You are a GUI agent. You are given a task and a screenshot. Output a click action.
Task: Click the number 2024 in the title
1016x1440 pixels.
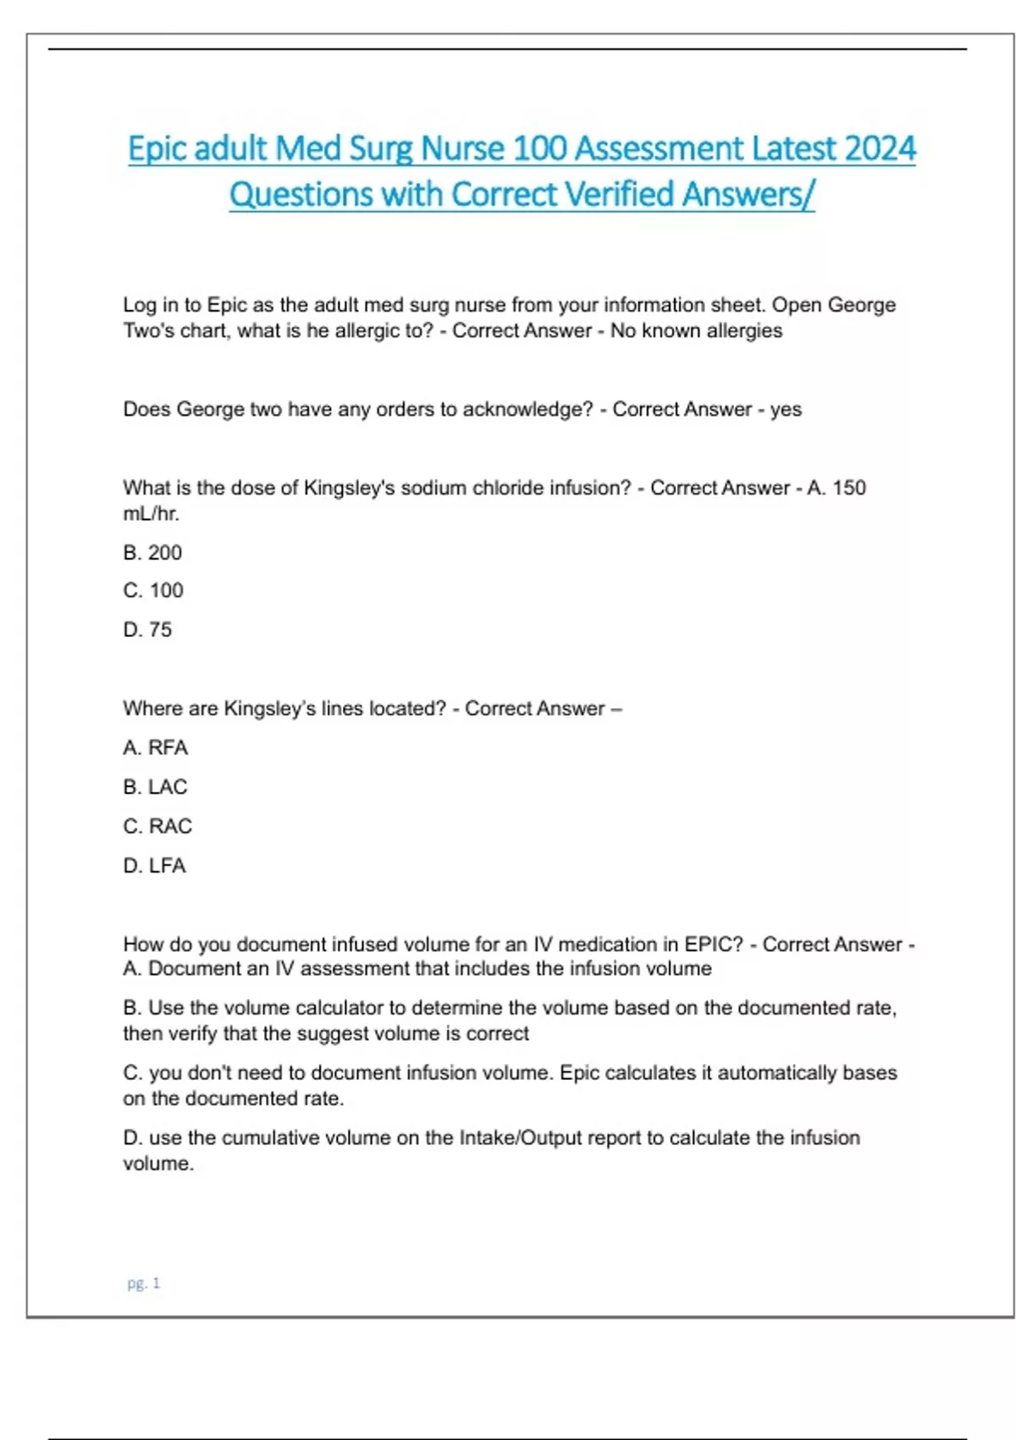coord(881,149)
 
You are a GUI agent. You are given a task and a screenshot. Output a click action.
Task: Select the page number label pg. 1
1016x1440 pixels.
coord(143,1283)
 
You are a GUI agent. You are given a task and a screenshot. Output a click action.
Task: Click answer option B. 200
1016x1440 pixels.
coord(152,553)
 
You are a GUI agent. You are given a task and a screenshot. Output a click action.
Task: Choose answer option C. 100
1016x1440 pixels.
coord(153,590)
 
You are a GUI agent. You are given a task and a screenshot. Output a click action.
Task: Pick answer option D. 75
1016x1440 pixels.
coord(147,629)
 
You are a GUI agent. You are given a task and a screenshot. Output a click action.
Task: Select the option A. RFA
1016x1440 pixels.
coord(155,748)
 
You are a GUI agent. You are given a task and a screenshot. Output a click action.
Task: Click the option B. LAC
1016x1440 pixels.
coord(155,787)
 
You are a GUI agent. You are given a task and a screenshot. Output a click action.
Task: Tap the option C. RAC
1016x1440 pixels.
coord(157,826)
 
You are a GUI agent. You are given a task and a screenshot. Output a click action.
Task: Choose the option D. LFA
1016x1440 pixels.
coord(154,866)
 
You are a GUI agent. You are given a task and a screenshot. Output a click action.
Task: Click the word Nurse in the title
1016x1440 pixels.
coord(463,149)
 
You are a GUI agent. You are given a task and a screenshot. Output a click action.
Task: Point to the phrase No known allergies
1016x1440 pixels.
coord(696,330)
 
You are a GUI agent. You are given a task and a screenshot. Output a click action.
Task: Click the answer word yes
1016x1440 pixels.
coord(786,409)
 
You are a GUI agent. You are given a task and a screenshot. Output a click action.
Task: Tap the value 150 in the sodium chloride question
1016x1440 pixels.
coord(849,488)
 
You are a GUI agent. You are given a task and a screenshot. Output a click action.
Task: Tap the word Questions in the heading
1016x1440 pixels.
coord(301,195)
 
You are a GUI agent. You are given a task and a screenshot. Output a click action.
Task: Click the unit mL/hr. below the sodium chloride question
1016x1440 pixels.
coord(151,513)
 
